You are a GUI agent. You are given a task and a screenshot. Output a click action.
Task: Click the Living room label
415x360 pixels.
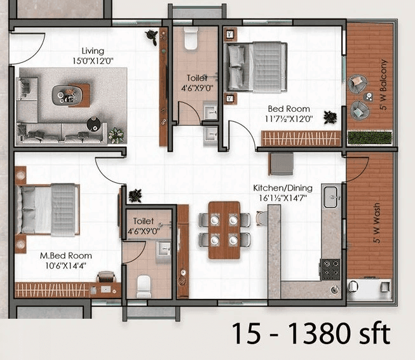click(x=93, y=51)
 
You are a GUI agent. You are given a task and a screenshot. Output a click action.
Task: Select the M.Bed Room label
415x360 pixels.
click(x=62, y=256)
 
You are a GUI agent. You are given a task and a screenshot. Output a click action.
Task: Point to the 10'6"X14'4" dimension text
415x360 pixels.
click(x=62, y=265)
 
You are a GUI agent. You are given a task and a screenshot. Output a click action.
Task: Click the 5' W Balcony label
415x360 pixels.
click(x=383, y=86)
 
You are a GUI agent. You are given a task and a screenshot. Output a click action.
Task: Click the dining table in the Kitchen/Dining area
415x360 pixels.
click(x=224, y=230)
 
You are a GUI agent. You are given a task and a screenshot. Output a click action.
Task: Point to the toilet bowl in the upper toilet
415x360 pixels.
click(x=190, y=41)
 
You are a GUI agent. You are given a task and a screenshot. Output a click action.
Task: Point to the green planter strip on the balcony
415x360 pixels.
click(x=370, y=137)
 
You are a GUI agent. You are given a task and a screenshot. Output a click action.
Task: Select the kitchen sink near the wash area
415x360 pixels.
click(x=331, y=198)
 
